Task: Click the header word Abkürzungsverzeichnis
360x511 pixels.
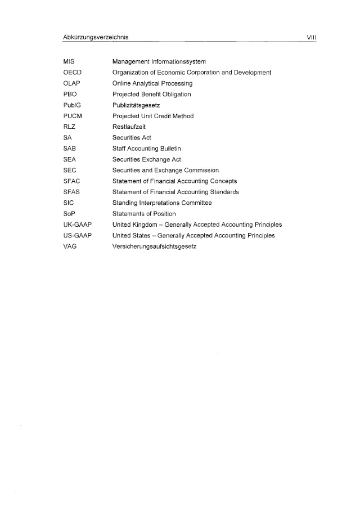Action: point(96,37)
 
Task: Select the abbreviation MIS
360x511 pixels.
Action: point(69,61)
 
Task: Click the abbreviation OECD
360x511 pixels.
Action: point(73,72)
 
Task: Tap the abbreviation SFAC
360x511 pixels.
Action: point(72,181)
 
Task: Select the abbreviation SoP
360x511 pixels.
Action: point(70,214)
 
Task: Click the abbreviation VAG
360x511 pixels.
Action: point(70,246)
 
